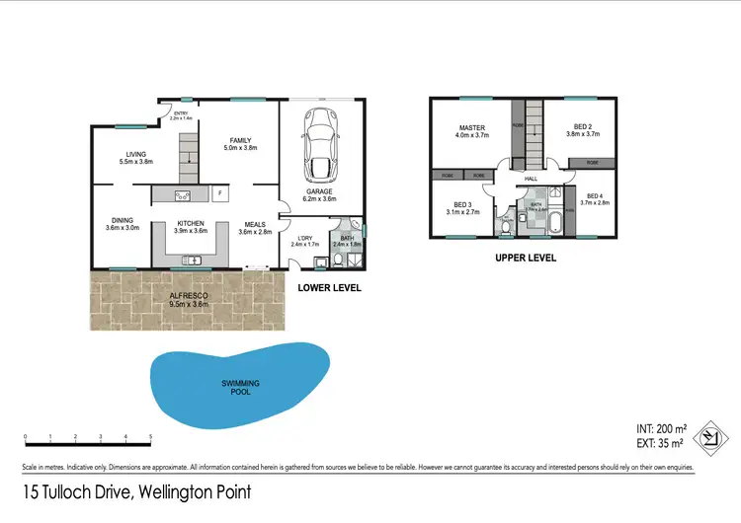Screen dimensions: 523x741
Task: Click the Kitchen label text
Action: [x=190, y=227]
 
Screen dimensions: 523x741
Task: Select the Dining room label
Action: [x=123, y=224]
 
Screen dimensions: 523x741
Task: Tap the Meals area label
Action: [x=255, y=228]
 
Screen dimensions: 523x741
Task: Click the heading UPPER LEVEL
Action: [x=525, y=258]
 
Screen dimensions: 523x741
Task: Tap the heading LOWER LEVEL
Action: [x=329, y=288]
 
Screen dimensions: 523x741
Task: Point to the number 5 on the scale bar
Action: [x=150, y=437]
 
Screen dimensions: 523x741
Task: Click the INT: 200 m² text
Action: [x=659, y=430]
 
